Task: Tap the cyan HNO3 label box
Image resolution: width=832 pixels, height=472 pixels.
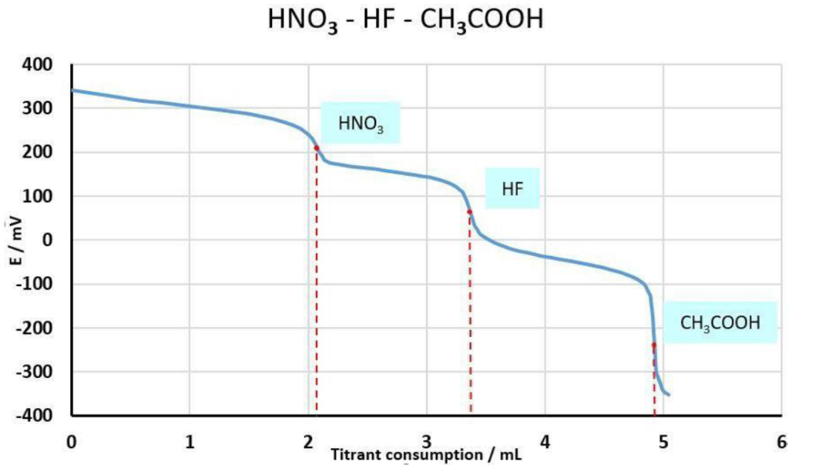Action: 361,123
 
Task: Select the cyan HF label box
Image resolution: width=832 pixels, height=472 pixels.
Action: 512,188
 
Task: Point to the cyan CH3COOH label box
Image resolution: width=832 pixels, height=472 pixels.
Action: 720,322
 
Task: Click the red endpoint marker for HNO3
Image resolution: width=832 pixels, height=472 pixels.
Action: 317,148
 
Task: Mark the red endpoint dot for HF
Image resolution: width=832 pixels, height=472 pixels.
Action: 470,212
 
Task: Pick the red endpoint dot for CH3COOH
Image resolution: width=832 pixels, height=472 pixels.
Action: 654,345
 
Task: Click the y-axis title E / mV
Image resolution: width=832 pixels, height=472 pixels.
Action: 18,241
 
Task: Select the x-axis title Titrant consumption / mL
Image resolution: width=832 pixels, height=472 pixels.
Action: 426,454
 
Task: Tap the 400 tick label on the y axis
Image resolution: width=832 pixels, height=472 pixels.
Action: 39,65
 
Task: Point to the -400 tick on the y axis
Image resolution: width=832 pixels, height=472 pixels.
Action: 36,416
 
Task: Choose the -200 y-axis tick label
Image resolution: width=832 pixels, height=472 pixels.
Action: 36,328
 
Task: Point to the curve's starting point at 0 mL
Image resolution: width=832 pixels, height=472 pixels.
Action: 72,90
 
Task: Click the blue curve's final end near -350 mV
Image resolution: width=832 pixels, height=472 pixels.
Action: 669,395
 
